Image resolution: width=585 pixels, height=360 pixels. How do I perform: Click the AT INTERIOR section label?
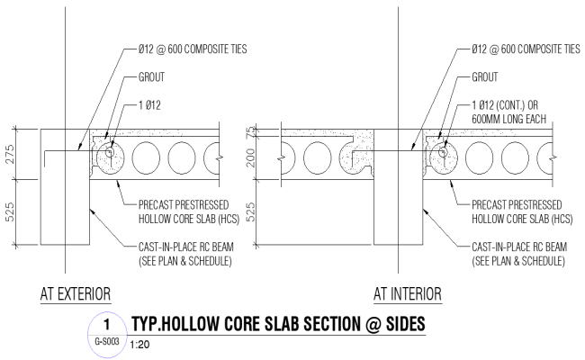point(408,294)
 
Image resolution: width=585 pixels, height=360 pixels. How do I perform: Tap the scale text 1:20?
point(140,345)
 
